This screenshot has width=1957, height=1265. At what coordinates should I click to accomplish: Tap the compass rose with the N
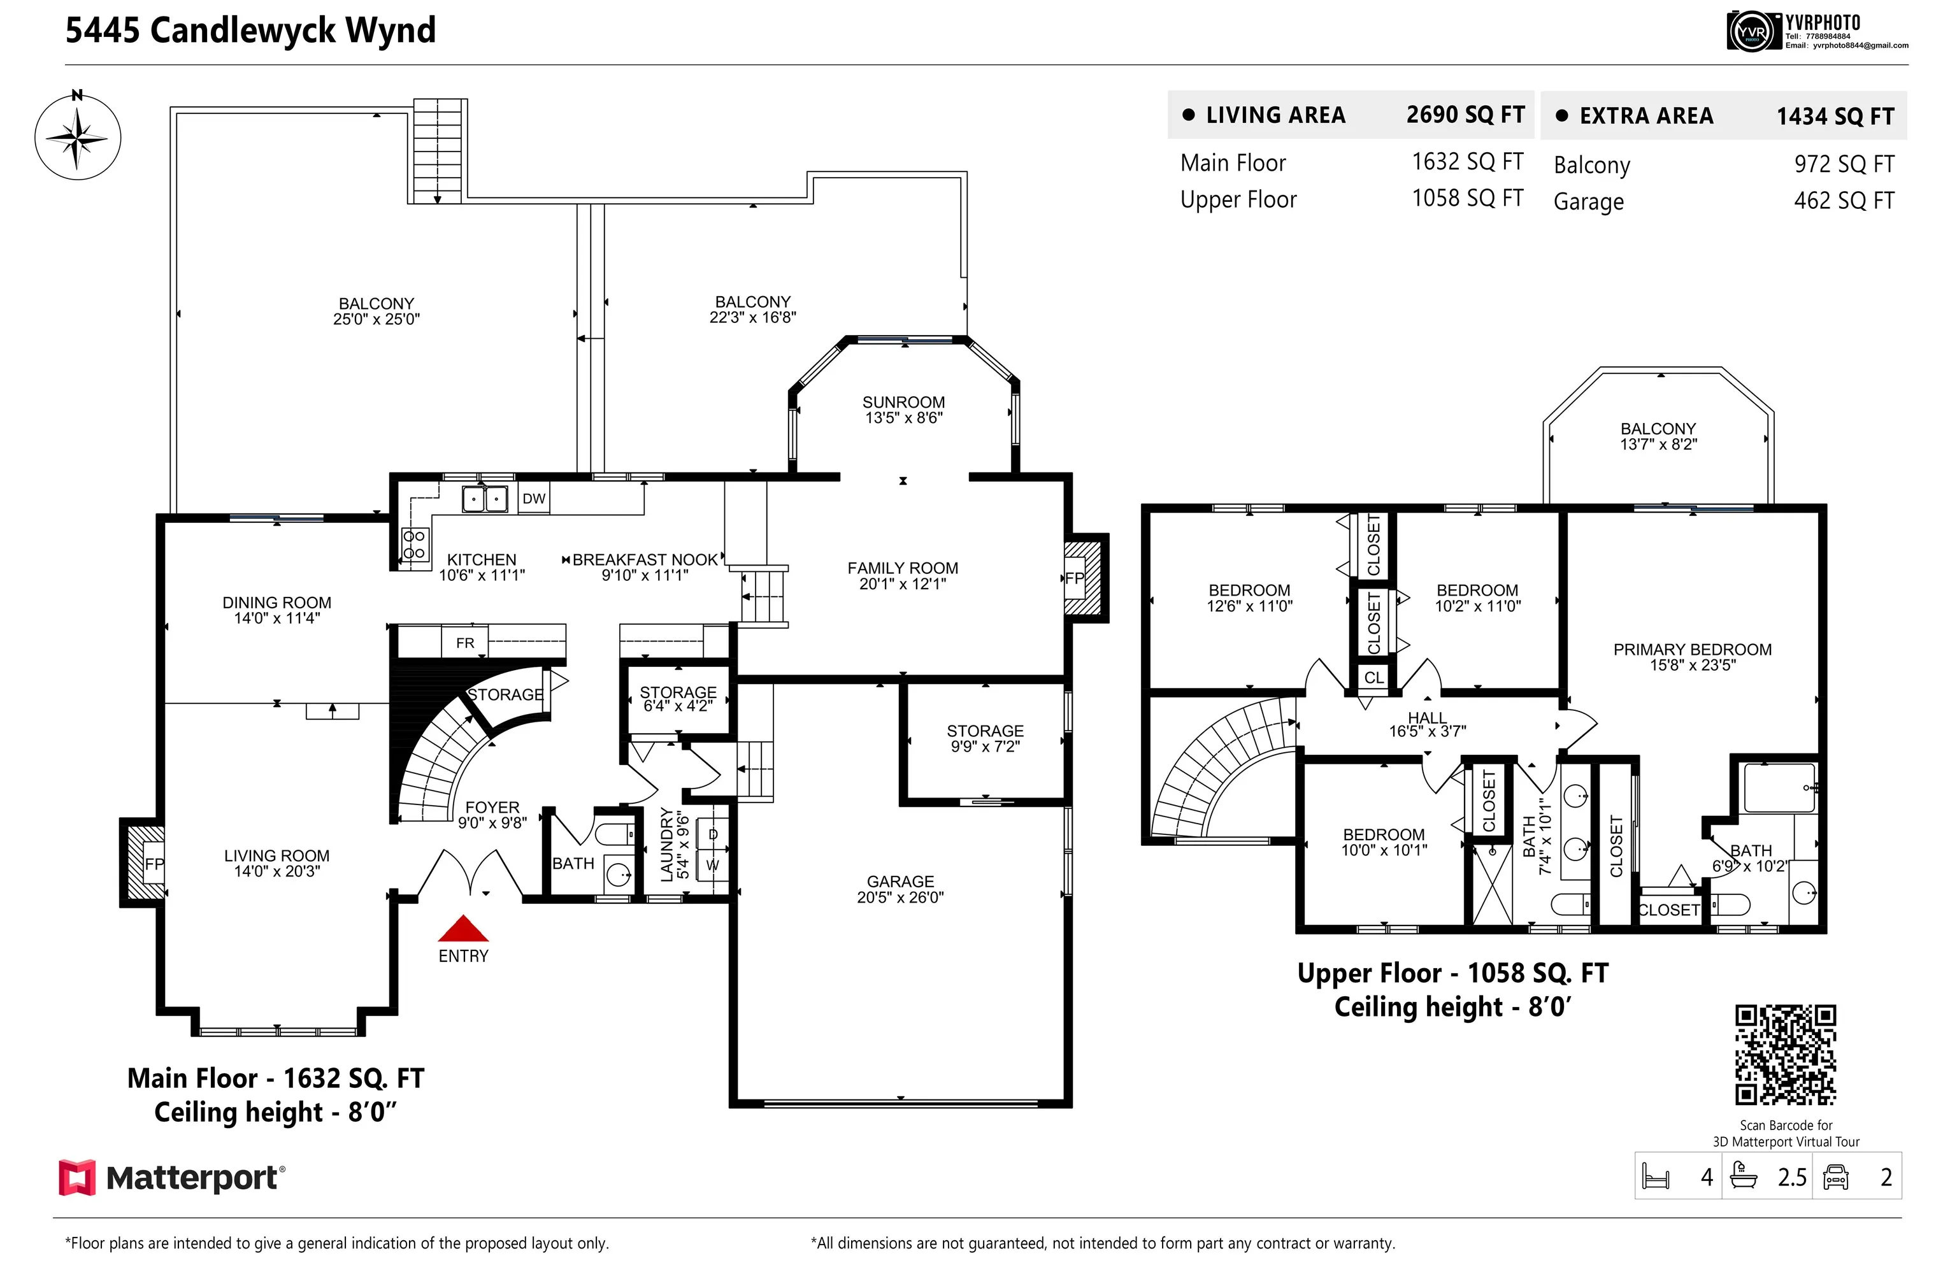pyautogui.click(x=77, y=137)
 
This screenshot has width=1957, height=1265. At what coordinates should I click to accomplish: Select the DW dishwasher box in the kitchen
pyautogui.click(x=533, y=499)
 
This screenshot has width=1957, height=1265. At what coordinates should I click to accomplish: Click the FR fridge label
pyautogui.click(x=465, y=643)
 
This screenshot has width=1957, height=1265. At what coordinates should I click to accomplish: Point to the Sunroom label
pyautogui.click(x=903, y=409)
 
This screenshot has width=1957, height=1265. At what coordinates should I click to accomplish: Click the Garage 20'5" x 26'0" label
pyautogui.click(x=900, y=889)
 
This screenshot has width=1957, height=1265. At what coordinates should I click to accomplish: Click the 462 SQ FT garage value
pyautogui.click(x=1844, y=201)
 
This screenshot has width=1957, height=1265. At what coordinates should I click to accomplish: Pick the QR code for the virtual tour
pyautogui.click(x=1784, y=1055)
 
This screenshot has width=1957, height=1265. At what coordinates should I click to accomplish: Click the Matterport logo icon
pyautogui.click(x=77, y=1177)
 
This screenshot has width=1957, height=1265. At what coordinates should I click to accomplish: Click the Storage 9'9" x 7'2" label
pyautogui.click(x=984, y=738)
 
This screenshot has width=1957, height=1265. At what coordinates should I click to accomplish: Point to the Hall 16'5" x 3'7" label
pyautogui.click(x=1427, y=724)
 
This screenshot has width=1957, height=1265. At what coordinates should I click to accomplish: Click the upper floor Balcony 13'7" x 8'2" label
pyautogui.click(x=1658, y=435)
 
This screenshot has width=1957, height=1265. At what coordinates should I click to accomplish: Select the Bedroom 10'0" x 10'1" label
pyautogui.click(x=1384, y=842)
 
